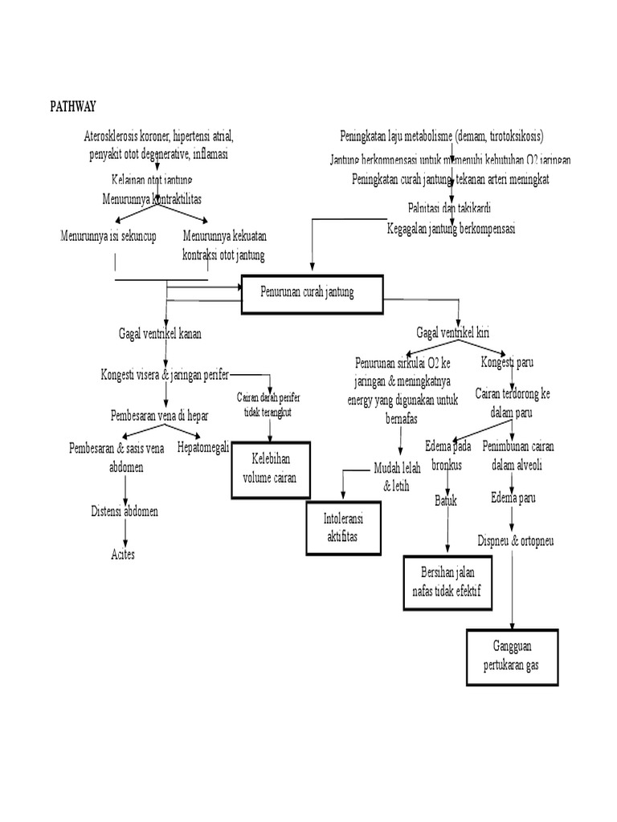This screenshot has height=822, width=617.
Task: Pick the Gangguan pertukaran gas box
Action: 512,656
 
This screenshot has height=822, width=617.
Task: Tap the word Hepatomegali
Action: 203,447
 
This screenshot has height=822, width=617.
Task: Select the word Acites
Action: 123,555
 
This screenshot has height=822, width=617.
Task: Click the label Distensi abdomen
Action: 124,511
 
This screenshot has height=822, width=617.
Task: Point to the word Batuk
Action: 446,500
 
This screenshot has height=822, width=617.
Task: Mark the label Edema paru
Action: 513,498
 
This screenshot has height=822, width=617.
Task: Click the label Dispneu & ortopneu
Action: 515,540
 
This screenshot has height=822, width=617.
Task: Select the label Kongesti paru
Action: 507,362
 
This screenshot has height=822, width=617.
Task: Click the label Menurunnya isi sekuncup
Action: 108,236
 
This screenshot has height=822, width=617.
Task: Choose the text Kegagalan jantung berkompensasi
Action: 451,229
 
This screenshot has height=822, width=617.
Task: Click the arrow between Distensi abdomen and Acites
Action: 125,533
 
